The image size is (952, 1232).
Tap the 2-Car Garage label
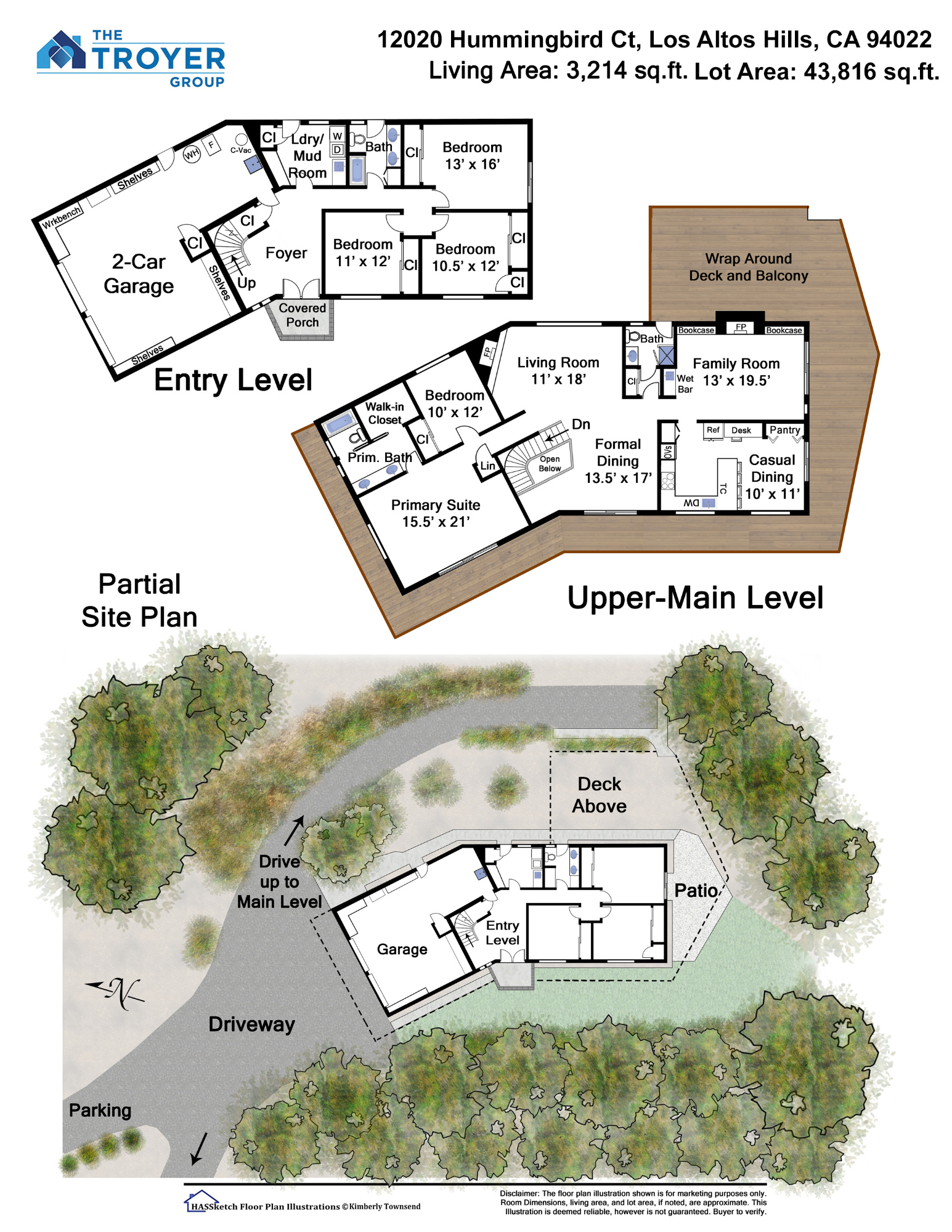click(x=139, y=274)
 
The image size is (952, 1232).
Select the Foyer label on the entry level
click(x=286, y=253)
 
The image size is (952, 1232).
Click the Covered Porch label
click(x=302, y=315)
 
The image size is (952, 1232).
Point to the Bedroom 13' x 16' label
click(x=473, y=156)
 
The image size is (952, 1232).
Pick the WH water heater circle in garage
click(x=192, y=153)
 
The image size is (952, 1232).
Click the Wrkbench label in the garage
click(x=62, y=217)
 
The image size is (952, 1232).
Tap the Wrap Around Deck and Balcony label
click(x=748, y=267)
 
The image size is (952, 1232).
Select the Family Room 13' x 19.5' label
click(x=736, y=372)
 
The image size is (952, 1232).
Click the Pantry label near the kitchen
click(x=784, y=430)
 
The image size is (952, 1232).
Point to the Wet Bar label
click(x=685, y=384)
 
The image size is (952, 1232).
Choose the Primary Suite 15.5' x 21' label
click(x=436, y=513)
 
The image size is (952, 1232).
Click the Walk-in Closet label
click(x=384, y=413)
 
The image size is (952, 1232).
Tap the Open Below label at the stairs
click(x=550, y=464)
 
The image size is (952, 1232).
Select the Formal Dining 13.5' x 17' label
click(x=618, y=461)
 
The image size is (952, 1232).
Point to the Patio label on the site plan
click(x=696, y=891)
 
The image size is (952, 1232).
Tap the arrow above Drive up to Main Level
click(x=294, y=831)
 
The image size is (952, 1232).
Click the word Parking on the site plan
click(x=100, y=1111)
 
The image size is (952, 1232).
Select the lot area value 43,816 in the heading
click(x=840, y=71)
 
